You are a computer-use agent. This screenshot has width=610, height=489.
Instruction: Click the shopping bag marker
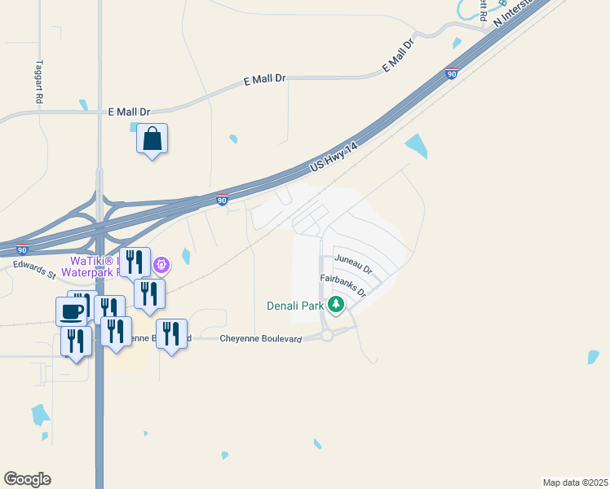pos(152,139)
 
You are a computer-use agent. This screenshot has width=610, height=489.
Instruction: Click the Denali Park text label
pos(295,306)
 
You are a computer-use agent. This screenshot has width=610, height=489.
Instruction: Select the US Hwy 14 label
pos(334,157)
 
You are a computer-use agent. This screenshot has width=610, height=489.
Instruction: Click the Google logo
pos(27,479)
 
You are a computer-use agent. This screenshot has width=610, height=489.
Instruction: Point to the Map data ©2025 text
pos(575,482)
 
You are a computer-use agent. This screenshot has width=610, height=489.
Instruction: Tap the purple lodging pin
pos(162,264)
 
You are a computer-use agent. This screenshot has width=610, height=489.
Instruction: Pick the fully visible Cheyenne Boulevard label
pos(261,337)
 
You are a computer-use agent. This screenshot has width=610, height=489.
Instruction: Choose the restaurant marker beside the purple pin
pos(135,262)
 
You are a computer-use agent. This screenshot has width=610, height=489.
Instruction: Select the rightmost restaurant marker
pos(171,334)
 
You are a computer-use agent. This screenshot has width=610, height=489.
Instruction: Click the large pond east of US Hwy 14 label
pos(416,145)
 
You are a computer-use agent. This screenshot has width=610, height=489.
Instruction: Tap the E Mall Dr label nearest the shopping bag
pos(130,112)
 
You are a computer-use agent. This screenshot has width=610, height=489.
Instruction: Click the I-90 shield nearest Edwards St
pos(23,249)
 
